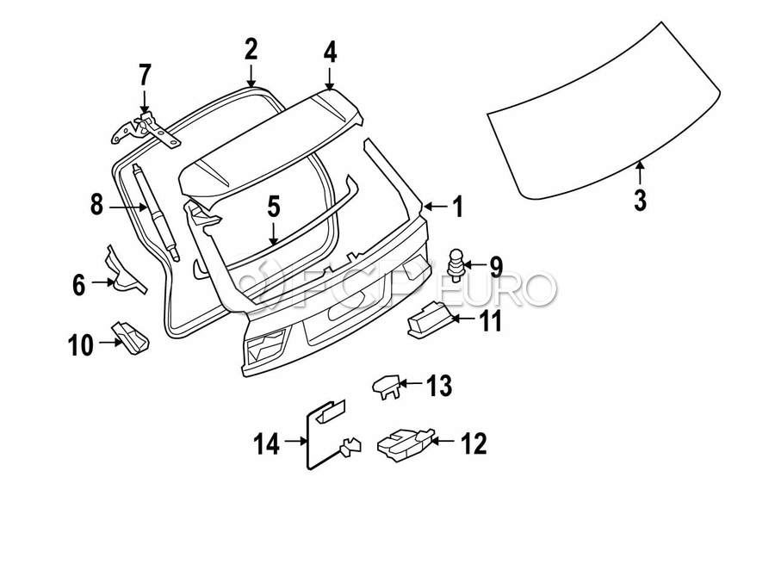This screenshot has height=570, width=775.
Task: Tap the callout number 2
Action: click(251, 49)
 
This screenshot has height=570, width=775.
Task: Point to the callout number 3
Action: click(639, 200)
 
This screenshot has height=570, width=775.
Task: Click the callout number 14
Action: click(267, 444)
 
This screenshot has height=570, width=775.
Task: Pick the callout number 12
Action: click(474, 444)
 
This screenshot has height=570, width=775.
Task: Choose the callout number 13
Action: click(438, 387)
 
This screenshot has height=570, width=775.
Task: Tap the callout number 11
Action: click(490, 322)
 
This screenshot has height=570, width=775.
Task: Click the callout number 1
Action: click(457, 207)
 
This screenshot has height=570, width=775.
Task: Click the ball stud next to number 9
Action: click(457, 263)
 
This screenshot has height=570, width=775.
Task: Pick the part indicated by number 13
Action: click(386, 385)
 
